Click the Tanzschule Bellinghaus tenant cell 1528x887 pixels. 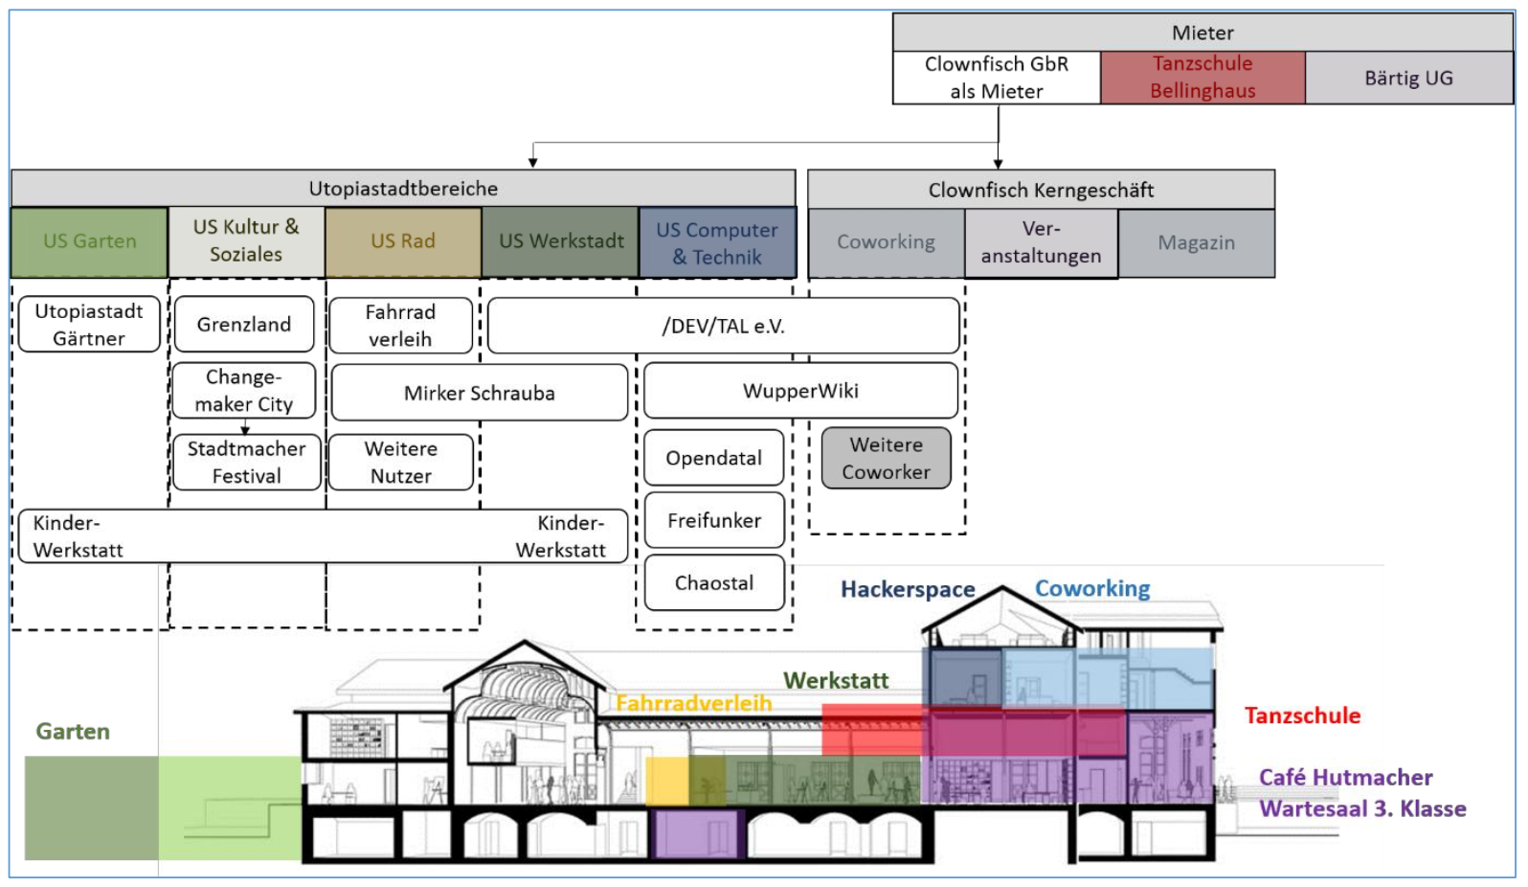(1202, 78)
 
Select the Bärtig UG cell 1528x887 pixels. (1408, 78)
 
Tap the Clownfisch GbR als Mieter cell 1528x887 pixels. (997, 78)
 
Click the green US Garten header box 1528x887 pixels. (90, 241)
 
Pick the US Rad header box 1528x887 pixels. (403, 241)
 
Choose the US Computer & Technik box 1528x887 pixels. (717, 243)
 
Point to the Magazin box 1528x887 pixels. (1196, 243)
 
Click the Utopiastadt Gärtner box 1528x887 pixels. (89, 325)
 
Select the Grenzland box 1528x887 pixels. (244, 325)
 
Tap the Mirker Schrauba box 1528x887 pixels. (479, 393)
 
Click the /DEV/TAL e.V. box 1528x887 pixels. (723, 327)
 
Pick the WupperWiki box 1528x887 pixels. (800, 391)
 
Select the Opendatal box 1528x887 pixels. (714, 458)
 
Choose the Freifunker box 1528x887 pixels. (714, 520)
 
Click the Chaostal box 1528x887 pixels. (714, 582)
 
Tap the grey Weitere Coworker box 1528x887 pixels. (886, 459)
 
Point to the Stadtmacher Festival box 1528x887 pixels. (246, 463)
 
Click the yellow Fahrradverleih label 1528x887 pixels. (693, 703)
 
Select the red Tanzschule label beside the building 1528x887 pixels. (1302, 716)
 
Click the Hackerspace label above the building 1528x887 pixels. (908, 589)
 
